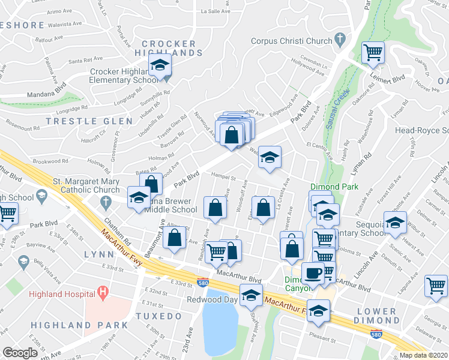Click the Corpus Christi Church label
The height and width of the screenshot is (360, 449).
point(291,41)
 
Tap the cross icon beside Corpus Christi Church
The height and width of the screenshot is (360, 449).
point(340,41)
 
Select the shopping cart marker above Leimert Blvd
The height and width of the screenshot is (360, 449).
point(373,53)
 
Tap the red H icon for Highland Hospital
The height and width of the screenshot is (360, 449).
point(103,294)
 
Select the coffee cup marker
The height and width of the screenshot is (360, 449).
point(312,274)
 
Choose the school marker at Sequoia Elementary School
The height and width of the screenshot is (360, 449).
point(394,223)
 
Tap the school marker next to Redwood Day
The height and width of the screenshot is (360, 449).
point(251,295)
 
